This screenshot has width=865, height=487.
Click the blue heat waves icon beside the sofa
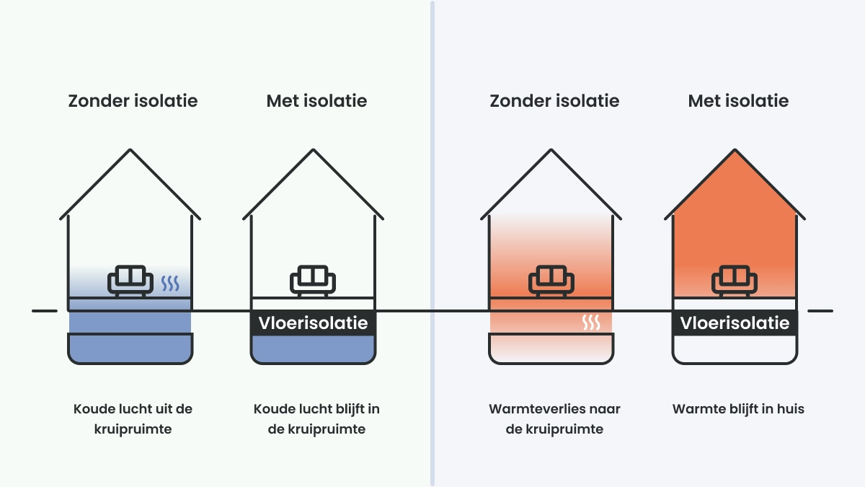click(x=170, y=283)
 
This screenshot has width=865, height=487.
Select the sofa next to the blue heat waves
click(x=130, y=281)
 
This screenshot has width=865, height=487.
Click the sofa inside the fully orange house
click(x=735, y=281)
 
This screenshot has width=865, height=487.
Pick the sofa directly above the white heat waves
click(x=551, y=281)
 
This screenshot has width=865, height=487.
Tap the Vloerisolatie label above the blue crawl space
click(x=313, y=323)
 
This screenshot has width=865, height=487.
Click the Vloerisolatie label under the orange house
click(x=735, y=323)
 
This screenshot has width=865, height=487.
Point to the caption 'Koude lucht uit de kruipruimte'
click(x=133, y=419)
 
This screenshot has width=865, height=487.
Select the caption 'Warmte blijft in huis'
click(x=738, y=409)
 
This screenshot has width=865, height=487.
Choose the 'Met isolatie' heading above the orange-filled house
click(x=738, y=101)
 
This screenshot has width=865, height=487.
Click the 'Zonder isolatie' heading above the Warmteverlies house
click(x=554, y=101)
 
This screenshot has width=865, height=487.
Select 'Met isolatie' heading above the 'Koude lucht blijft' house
click(x=316, y=101)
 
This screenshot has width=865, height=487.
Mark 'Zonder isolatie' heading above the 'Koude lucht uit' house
click(x=133, y=101)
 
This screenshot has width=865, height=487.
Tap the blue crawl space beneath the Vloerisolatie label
click(x=313, y=348)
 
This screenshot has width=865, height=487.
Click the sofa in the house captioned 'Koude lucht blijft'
click(x=313, y=281)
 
